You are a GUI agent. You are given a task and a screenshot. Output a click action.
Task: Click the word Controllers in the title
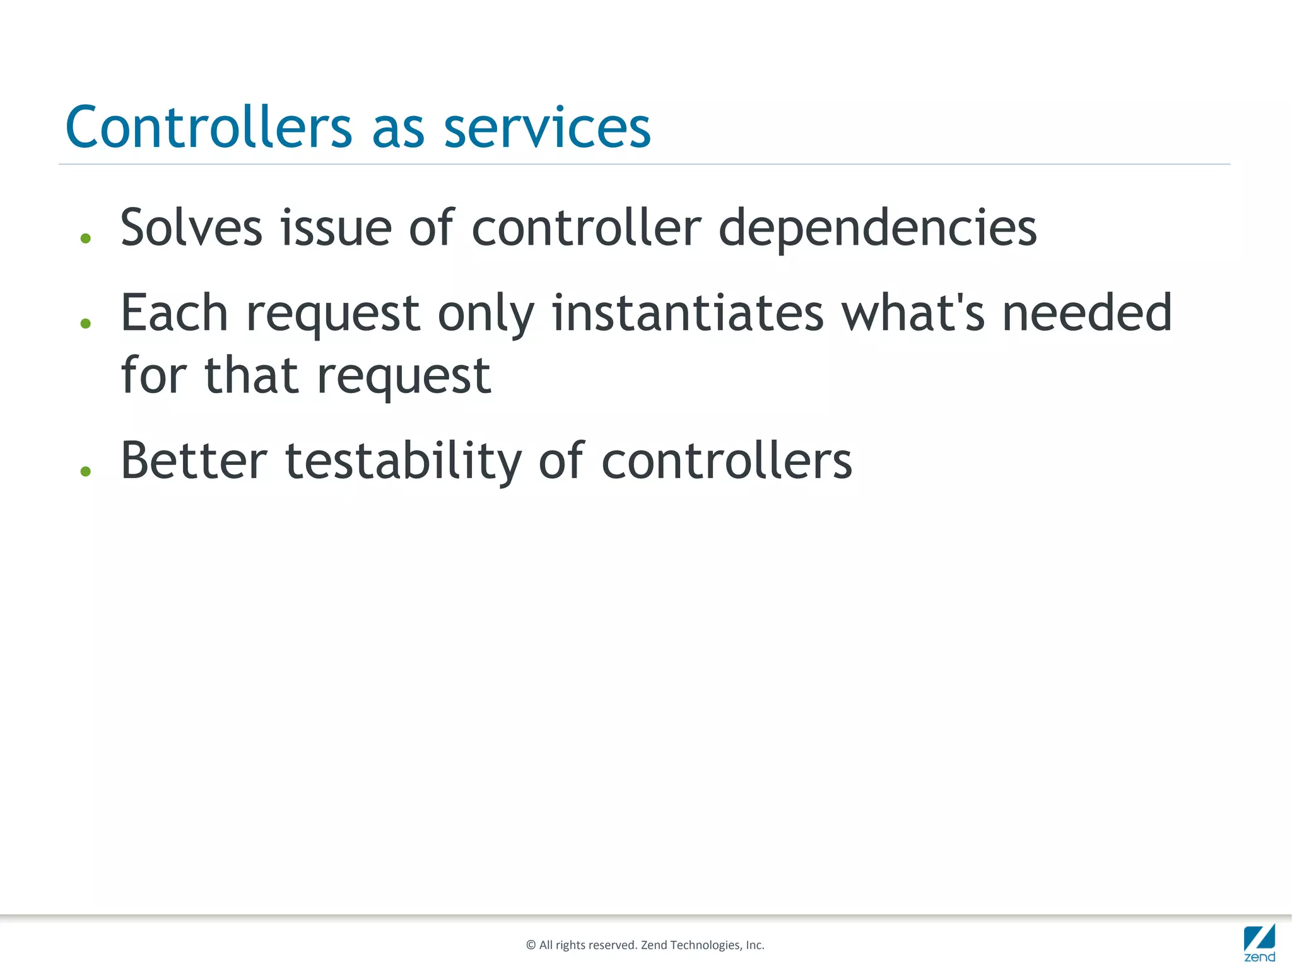tap(208, 128)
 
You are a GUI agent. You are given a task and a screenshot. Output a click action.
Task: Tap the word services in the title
tap(547, 128)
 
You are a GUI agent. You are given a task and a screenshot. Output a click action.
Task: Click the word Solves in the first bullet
tap(191, 228)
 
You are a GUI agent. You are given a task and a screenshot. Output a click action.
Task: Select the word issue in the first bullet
tap(336, 228)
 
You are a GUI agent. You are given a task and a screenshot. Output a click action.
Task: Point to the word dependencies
tap(878, 229)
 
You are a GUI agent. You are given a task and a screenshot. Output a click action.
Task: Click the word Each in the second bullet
tap(174, 314)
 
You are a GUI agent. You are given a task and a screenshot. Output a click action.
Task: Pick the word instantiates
tap(688, 314)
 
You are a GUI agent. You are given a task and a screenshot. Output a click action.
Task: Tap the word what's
tap(913, 314)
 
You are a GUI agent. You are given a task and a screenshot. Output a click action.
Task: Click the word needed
tap(1086, 314)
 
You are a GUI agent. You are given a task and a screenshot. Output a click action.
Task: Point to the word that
tap(251, 375)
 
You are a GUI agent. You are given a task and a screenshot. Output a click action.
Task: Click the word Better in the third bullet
tap(194, 461)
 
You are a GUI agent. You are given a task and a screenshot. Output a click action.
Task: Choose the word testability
tap(404, 462)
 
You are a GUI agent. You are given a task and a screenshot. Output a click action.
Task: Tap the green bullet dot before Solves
tap(86, 238)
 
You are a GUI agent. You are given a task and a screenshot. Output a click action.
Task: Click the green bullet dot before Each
tap(86, 324)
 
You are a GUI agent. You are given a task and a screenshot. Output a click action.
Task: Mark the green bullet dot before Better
tap(86, 471)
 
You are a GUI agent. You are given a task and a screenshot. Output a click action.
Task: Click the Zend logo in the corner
tap(1259, 943)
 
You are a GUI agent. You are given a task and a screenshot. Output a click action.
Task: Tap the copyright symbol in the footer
tap(531, 945)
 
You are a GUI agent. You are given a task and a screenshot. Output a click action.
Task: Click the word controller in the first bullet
tap(586, 228)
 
